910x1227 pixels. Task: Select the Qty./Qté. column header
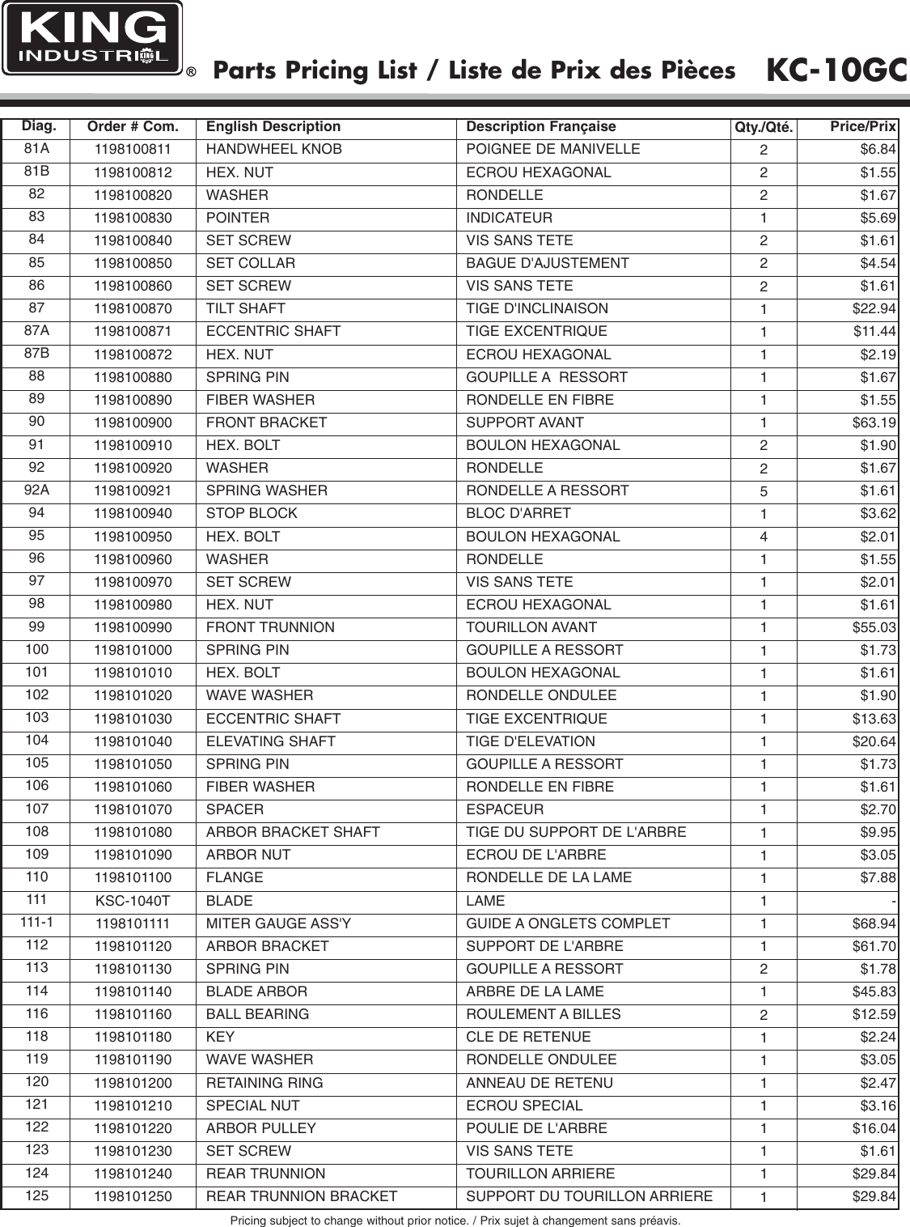[763, 128]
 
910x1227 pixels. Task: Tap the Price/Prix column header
[862, 127]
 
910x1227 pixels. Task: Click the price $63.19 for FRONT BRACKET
[874, 422]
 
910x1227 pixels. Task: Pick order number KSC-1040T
[133, 901]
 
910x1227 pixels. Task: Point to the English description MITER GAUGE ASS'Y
[278, 923]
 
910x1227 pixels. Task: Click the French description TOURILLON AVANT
[531, 627]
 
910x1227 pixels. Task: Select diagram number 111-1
[36, 923]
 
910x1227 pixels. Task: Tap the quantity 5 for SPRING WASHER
[763, 491]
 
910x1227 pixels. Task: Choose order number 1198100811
[133, 150]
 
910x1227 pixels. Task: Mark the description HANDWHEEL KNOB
[273, 150]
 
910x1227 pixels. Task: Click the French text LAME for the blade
[485, 901]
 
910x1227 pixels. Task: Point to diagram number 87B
[37, 354]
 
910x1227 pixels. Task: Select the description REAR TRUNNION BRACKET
[302, 1196]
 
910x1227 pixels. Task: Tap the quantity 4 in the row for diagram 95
[763, 537]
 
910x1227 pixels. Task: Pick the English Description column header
[273, 127]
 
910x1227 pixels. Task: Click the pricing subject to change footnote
[455, 1220]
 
